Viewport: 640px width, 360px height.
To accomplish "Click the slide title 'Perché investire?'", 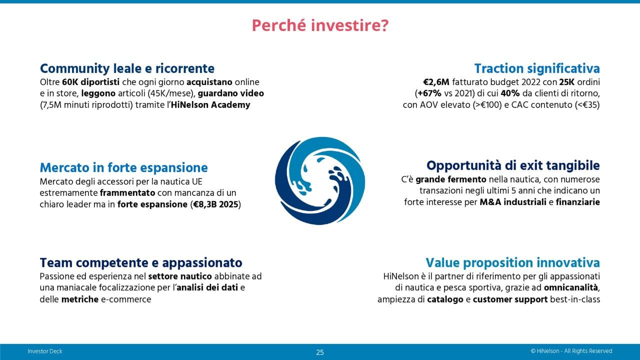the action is click(x=320, y=25).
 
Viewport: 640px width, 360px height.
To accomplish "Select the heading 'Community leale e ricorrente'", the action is click(x=127, y=69).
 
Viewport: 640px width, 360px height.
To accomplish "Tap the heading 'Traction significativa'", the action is click(x=537, y=69).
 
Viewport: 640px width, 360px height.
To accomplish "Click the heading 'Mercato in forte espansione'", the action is click(x=123, y=167).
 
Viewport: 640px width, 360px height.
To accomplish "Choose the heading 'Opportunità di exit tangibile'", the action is click(x=513, y=165).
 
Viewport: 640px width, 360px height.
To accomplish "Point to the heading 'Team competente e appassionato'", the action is click(x=141, y=263).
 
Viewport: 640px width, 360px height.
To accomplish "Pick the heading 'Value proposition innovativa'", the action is click(x=513, y=263).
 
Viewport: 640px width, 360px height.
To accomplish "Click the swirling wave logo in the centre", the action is click(x=320, y=180).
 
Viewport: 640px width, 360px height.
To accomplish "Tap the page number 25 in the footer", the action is click(x=320, y=352).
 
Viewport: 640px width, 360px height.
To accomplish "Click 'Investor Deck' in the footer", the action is click(x=45, y=351).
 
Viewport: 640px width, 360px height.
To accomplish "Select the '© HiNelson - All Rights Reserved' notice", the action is click(x=571, y=351).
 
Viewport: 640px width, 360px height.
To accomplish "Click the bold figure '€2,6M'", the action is click(x=436, y=82).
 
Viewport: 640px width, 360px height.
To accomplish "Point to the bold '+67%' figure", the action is click(x=429, y=93).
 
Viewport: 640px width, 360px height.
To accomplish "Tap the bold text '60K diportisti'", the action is click(x=91, y=82).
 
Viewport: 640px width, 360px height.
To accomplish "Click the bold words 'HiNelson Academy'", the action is click(x=210, y=105).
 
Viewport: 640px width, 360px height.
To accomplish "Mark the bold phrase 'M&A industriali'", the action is click(x=513, y=202).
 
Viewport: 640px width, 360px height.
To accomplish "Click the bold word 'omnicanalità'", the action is click(x=571, y=287).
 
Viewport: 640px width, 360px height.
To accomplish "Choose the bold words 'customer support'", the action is click(x=510, y=299).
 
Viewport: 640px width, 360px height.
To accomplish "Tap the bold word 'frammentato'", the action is click(x=127, y=193).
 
